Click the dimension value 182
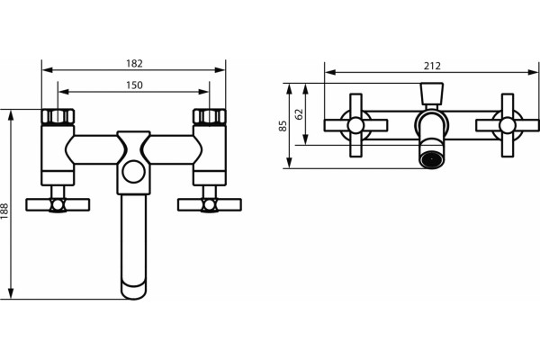[134, 63]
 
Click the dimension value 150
[134, 85]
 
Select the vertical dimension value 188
[4, 211]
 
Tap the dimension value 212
[432, 66]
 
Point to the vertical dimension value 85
[283, 126]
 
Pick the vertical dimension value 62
[299, 114]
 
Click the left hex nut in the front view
[58, 116]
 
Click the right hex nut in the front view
[210, 116]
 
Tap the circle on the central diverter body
[133, 172]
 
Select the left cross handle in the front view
[58, 204]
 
